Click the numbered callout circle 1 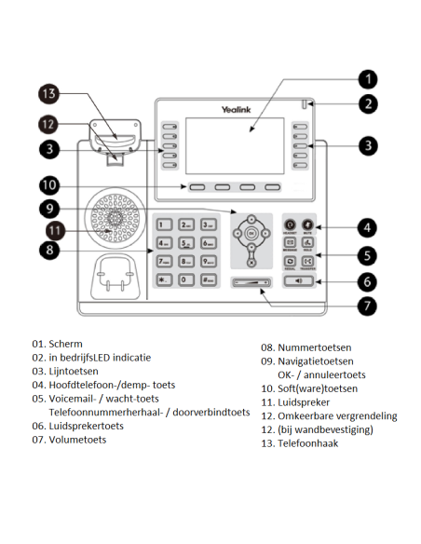[x=369, y=79]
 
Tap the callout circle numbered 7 [x=369, y=304]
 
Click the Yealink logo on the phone [x=235, y=109]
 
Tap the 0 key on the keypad [x=184, y=279]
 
